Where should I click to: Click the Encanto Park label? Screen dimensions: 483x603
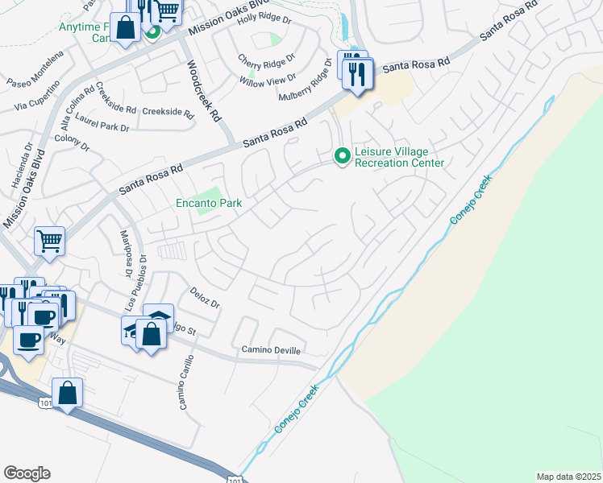click(x=209, y=204)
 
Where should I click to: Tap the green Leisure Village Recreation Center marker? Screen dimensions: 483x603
click(x=342, y=155)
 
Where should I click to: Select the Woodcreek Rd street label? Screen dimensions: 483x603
click(x=204, y=91)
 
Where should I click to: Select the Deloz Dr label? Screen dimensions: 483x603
click(x=205, y=299)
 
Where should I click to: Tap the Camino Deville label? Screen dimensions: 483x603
click(x=271, y=350)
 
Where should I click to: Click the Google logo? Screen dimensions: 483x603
click(x=27, y=473)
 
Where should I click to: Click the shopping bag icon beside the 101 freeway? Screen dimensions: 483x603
click(x=69, y=394)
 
